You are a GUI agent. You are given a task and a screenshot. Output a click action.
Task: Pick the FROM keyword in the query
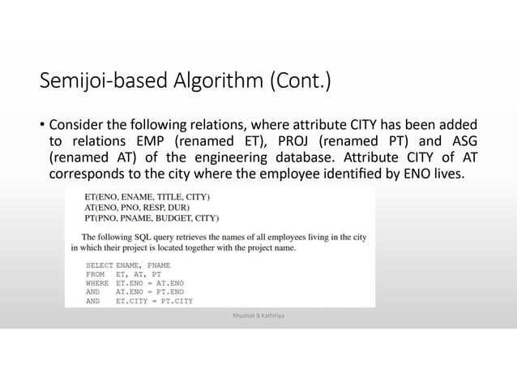[x=95, y=275]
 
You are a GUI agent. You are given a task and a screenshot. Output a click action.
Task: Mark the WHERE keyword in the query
[x=97, y=284]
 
